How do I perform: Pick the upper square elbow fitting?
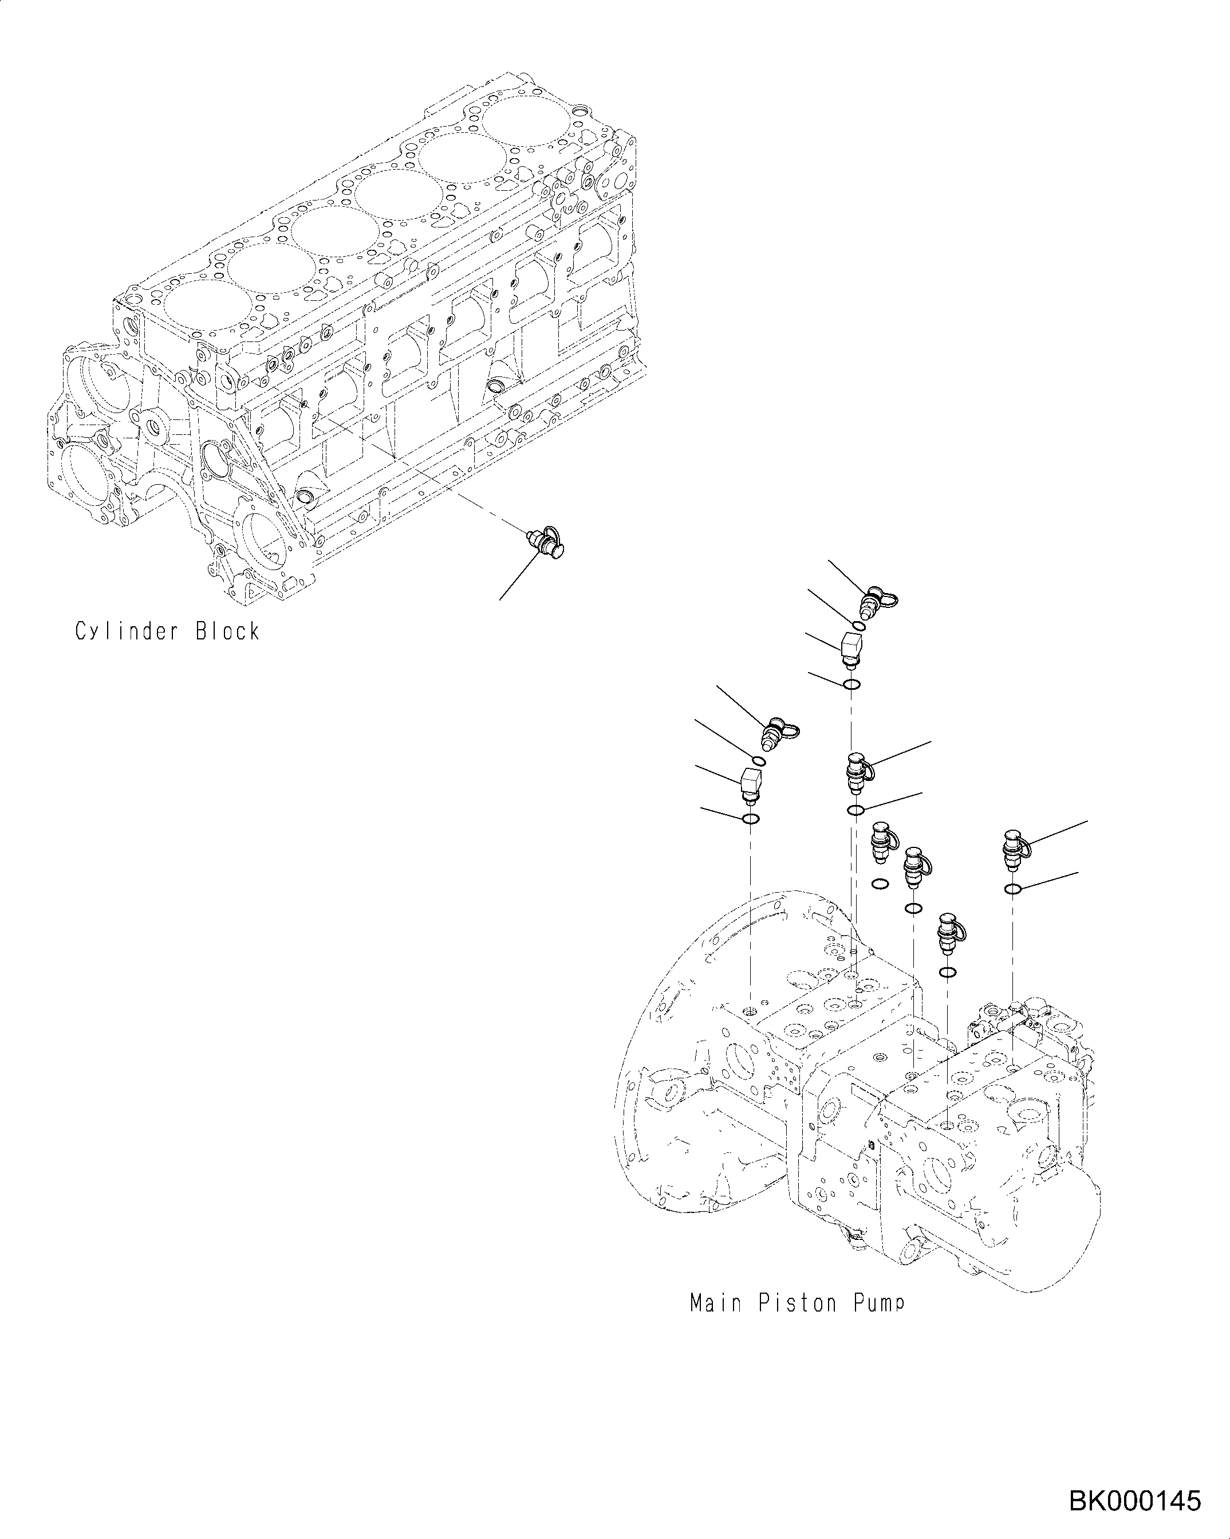[852, 648]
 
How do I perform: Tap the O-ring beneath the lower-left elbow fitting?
[751, 819]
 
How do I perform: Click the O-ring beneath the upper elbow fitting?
[851, 685]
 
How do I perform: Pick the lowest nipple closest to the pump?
[949, 935]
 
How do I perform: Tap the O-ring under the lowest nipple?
[948, 972]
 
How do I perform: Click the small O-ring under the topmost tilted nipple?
[860, 626]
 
